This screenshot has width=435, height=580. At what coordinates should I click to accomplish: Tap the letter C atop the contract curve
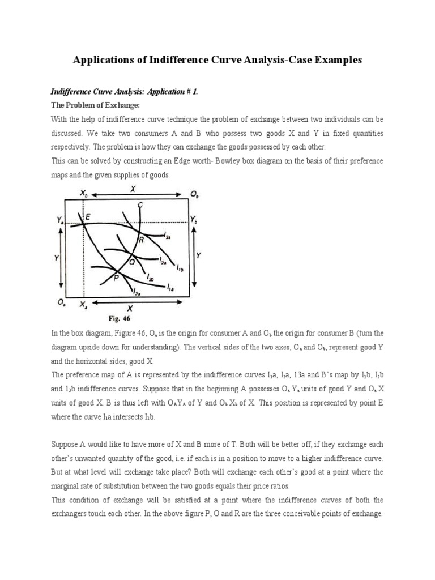point(140,204)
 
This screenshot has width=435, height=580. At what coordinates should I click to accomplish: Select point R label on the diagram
point(141,240)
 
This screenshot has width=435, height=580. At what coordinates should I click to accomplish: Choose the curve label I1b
point(179,266)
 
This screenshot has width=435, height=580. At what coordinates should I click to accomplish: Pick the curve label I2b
point(150,279)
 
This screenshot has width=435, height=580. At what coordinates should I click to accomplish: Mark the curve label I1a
point(170,289)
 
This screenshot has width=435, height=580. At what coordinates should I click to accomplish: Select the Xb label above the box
point(84,193)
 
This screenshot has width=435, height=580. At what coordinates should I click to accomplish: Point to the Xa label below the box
point(84,305)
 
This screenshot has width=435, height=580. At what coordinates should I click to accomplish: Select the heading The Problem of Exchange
point(91,105)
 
